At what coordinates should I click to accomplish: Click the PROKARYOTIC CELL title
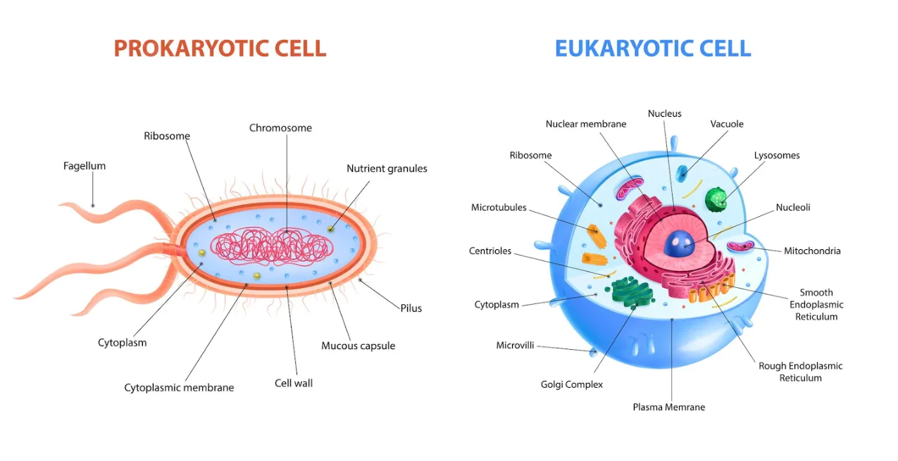tap(220, 49)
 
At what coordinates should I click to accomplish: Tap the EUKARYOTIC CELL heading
tap(653, 49)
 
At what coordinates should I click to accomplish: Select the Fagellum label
tap(85, 166)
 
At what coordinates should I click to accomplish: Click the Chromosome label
tap(280, 128)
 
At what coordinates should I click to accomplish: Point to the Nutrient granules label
tap(387, 168)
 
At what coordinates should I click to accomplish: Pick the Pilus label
tap(411, 308)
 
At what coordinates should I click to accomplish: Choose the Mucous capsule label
tap(358, 346)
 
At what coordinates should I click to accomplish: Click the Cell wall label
tap(294, 384)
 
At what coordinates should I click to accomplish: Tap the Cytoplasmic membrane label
tap(179, 388)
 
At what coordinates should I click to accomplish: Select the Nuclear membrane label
tap(586, 124)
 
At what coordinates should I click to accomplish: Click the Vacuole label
tap(727, 124)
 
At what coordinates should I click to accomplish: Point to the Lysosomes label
tap(777, 156)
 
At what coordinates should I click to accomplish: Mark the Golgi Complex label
tap(572, 384)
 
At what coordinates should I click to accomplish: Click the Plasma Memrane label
tap(669, 407)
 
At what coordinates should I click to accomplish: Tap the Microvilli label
tap(515, 346)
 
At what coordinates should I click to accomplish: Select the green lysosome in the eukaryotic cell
tap(716, 199)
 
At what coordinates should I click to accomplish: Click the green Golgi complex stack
tap(632, 292)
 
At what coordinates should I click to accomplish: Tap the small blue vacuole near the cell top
tap(682, 173)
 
